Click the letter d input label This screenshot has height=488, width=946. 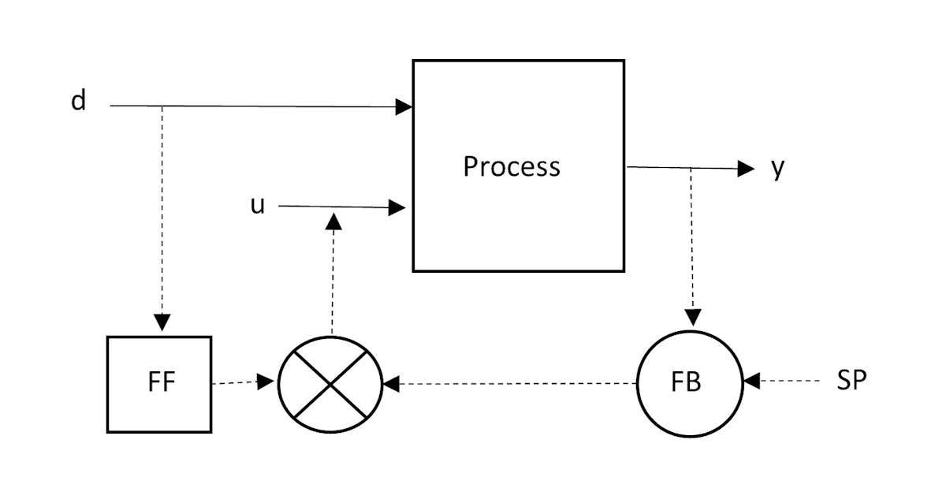[78, 102]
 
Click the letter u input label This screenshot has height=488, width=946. [257, 205]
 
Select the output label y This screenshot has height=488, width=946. [777, 168]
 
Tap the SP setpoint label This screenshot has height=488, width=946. [851, 381]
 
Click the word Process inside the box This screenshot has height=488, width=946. [512, 166]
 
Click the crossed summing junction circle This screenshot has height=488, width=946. [330, 384]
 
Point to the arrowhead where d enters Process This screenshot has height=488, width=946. [404, 106]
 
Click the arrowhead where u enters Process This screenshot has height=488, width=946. [398, 207]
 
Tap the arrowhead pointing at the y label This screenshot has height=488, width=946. [746, 168]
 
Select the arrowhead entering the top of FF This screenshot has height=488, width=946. [162, 322]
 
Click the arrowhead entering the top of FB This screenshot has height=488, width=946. [693, 317]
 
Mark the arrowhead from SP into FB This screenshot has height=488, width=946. [751, 382]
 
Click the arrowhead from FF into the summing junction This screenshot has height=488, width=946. [266, 383]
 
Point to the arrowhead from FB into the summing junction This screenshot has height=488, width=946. [392, 384]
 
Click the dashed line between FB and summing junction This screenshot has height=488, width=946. [512, 384]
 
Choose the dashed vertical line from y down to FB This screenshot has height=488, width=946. [692, 237]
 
